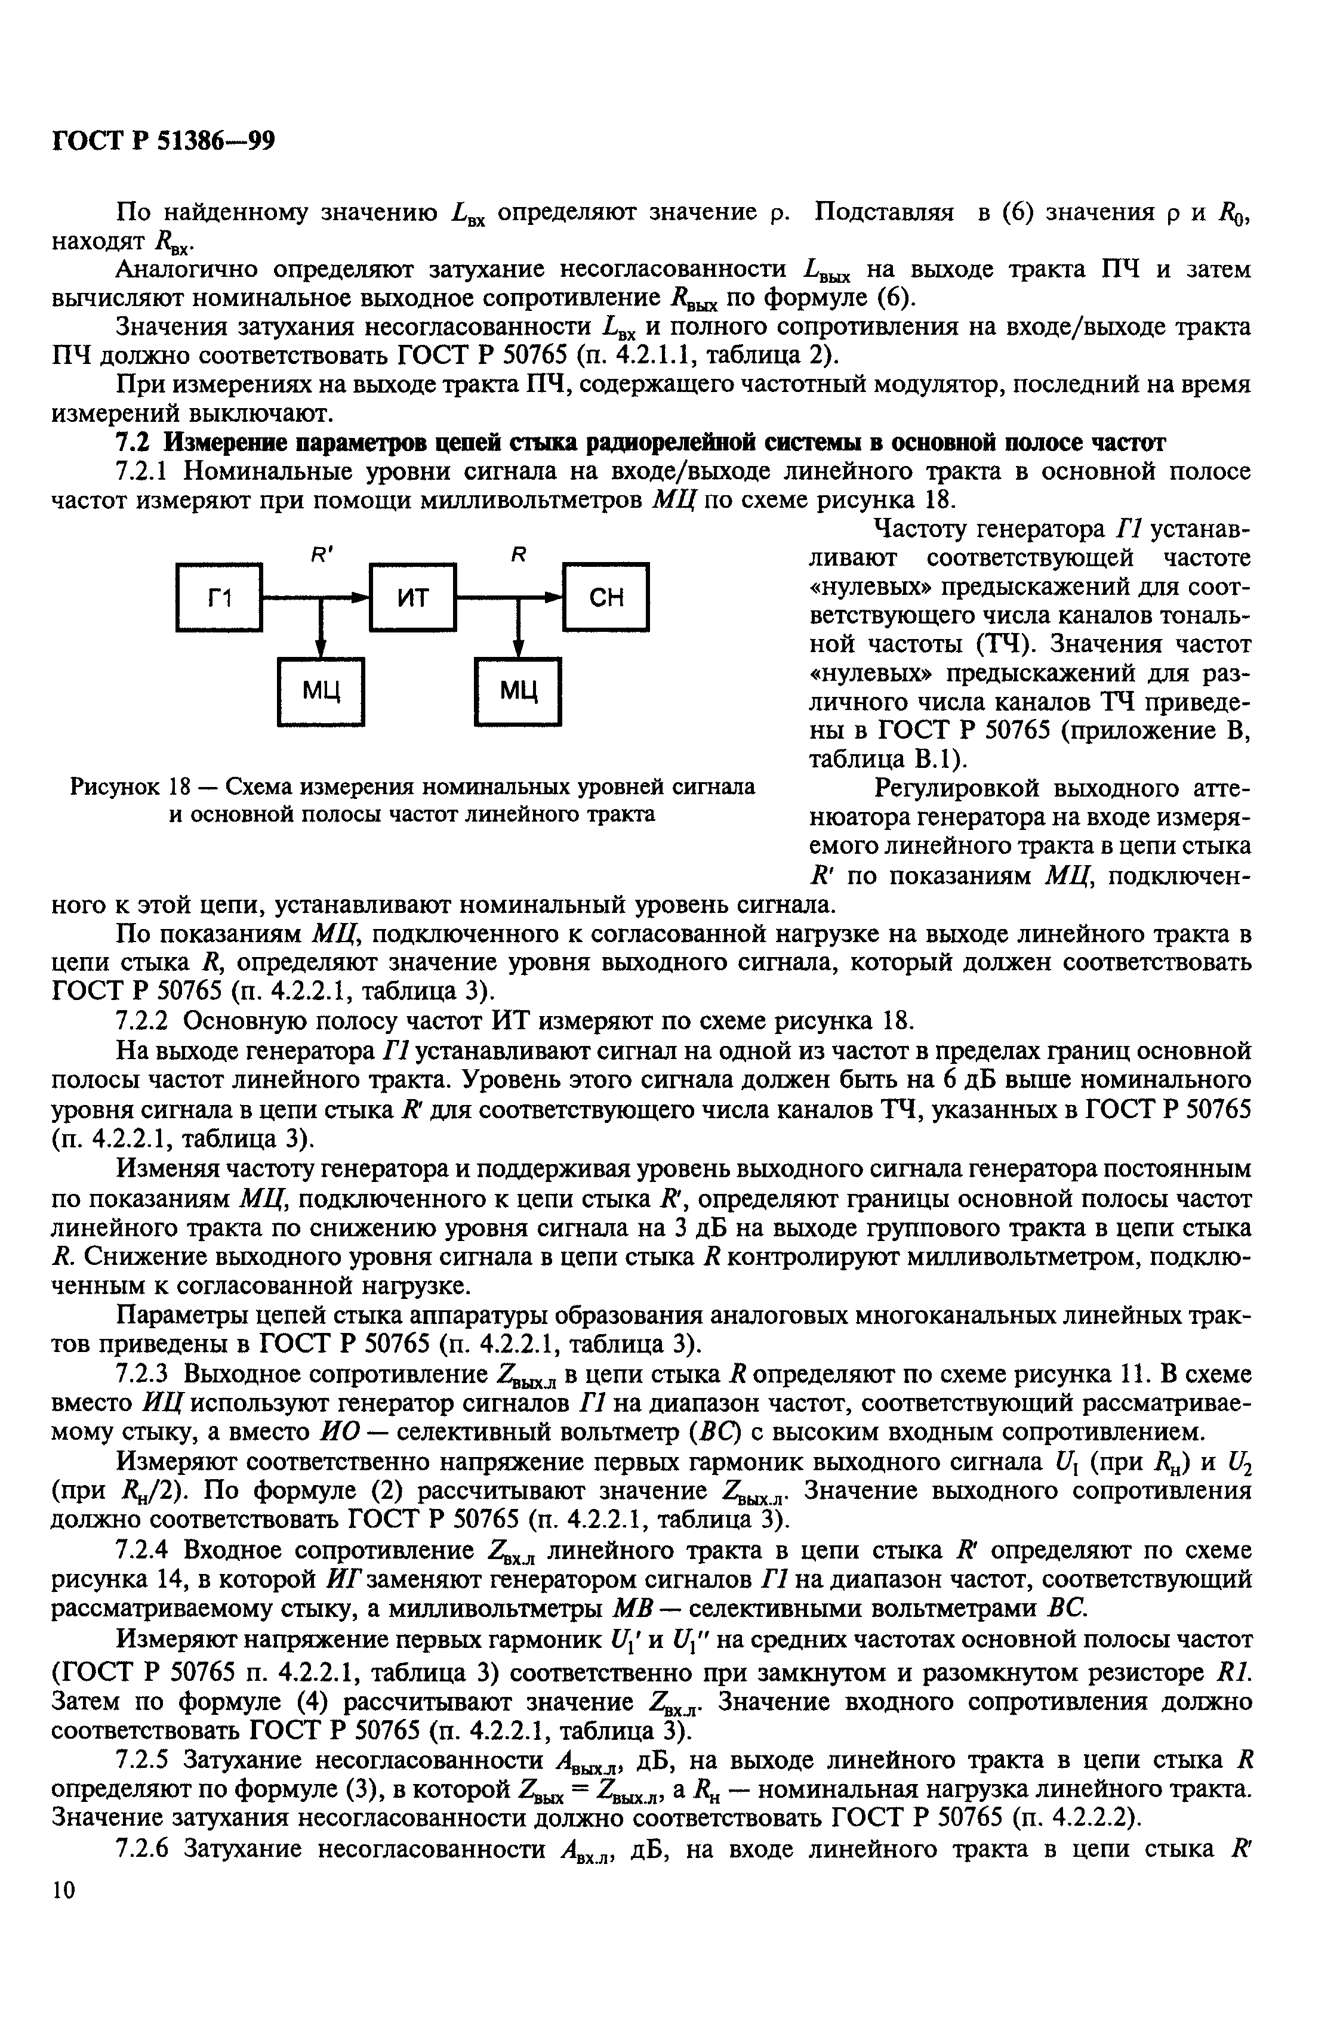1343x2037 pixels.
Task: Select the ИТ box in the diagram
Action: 413,597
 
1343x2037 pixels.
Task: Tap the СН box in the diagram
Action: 606,597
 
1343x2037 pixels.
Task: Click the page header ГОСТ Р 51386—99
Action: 164,140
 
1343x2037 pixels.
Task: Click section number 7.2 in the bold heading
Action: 134,443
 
